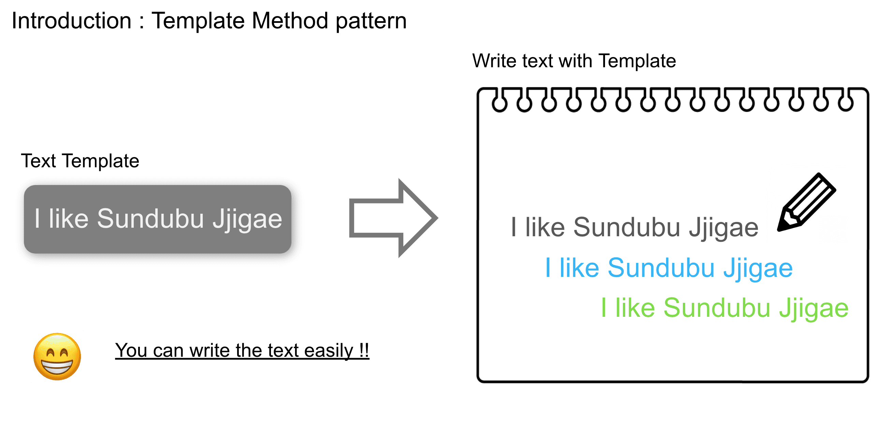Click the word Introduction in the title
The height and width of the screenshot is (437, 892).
coord(71,21)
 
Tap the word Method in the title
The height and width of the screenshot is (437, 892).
coord(290,21)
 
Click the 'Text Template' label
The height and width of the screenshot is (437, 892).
coord(80,161)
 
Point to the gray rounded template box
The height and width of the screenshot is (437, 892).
coord(158,219)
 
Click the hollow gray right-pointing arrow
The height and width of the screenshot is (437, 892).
coord(393,218)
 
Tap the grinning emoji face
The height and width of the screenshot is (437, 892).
coord(57,357)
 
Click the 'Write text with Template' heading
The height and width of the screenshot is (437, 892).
coord(574,61)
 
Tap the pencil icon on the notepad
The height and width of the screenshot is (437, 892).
coord(806,202)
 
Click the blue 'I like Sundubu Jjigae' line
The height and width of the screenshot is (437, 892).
coord(669,268)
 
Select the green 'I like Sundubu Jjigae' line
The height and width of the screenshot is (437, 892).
coord(725,308)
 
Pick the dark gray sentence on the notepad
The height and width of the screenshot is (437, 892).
coord(635,228)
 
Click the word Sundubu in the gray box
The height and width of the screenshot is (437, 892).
coord(150,219)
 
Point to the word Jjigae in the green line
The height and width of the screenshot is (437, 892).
coord(814,309)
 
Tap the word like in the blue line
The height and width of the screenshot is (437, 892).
coord(579,268)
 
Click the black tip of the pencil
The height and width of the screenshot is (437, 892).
coord(780,228)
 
